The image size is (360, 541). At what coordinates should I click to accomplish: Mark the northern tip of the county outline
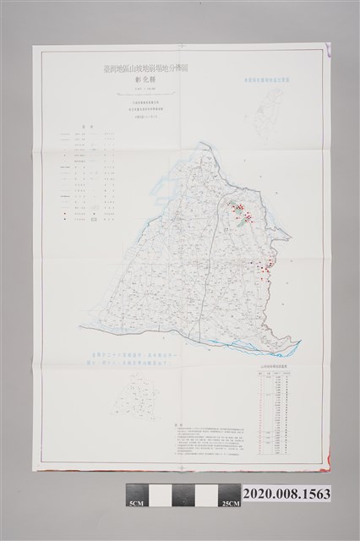(x=206, y=141)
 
